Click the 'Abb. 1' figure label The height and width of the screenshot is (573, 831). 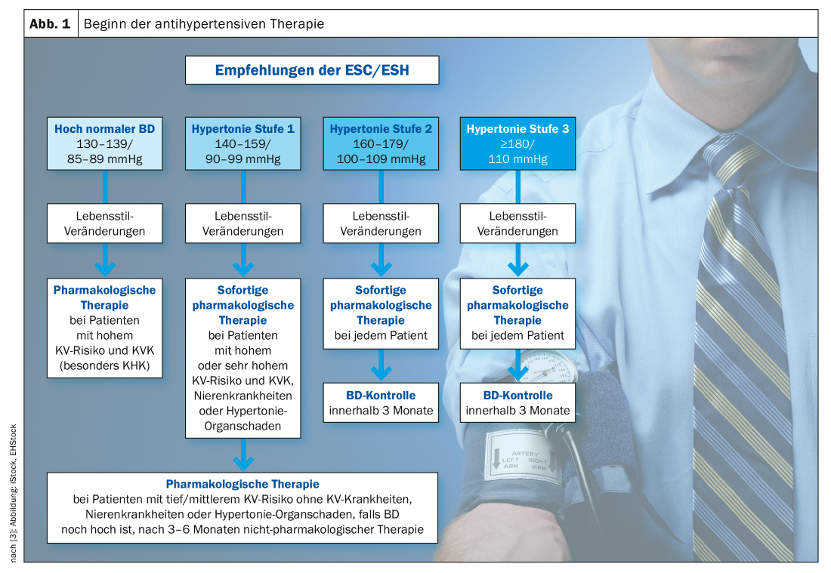[50, 24]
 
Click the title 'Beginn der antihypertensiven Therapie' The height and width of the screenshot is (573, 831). [204, 24]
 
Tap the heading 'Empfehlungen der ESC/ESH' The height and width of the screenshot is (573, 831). [311, 71]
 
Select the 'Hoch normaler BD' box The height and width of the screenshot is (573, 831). [104, 143]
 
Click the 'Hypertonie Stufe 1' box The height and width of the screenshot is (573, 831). [243, 143]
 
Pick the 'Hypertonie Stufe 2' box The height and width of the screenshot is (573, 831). [380, 143]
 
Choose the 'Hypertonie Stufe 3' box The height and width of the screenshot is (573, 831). [517, 143]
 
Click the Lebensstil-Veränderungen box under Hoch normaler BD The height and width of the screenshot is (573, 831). [104, 223]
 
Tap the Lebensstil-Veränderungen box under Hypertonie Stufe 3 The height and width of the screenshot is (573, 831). [517, 223]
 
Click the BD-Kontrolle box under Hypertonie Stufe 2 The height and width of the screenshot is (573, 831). [381, 403]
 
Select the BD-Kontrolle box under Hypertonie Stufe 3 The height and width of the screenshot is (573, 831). [517, 403]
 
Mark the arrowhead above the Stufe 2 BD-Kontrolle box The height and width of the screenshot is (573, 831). [381, 372]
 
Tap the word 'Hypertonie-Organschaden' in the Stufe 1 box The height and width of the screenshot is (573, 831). [243, 418]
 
